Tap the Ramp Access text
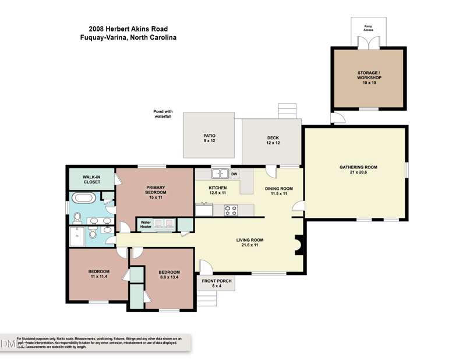tap(368, 27)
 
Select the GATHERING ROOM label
tap(358, 170)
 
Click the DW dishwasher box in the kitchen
tap(234, 174)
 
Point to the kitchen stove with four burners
tap(231, 210)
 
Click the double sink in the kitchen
tap(220, 173)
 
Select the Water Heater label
tap(146, 224)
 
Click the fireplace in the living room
tap(299, 245)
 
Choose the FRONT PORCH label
tap(217, 284)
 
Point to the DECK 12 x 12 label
tap(273, 140)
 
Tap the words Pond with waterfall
tap(163, 114)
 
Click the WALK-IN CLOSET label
tap(91, 179)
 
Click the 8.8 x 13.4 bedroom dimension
tap(170, 278)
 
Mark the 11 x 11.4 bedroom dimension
tap(99, 277)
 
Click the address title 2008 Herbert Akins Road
tap(128, 28)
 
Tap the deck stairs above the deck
tap(288, 111)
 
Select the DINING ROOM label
tap(278, 190)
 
